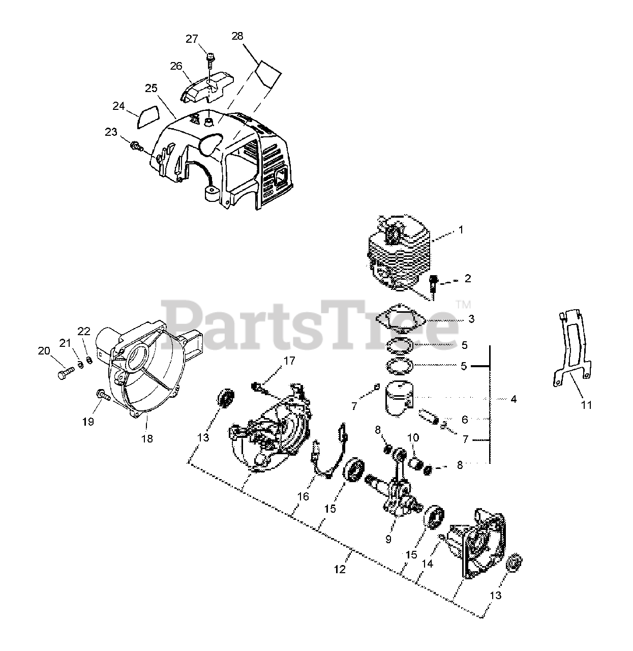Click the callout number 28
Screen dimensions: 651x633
tap(237, 36)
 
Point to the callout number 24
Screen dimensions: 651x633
tap(118, 106)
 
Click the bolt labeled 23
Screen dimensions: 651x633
tap(136, 146)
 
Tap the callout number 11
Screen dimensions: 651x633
tap(572, 405)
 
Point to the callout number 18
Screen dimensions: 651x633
tap(147, 438)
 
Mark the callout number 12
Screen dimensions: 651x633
tap(340, 569)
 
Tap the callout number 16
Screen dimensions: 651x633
tap(303, 496)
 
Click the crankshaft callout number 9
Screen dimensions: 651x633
tap(388, 539)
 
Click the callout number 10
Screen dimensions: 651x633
tap(413, 437)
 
